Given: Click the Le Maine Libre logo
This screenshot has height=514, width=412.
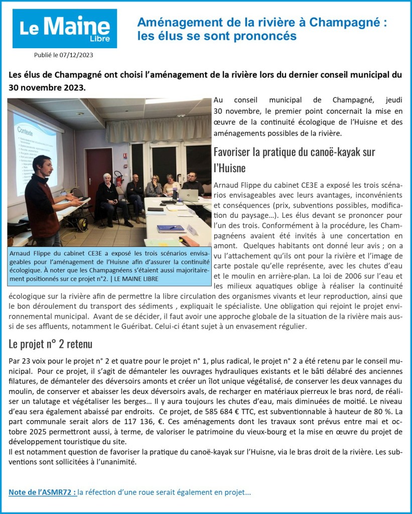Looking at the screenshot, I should [65, 28].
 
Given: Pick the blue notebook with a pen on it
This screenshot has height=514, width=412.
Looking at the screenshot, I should [171, 228].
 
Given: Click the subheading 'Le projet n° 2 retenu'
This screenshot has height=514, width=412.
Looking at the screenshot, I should [50, 344].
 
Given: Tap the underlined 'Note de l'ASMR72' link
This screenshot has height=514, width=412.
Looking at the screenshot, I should [43, 492].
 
